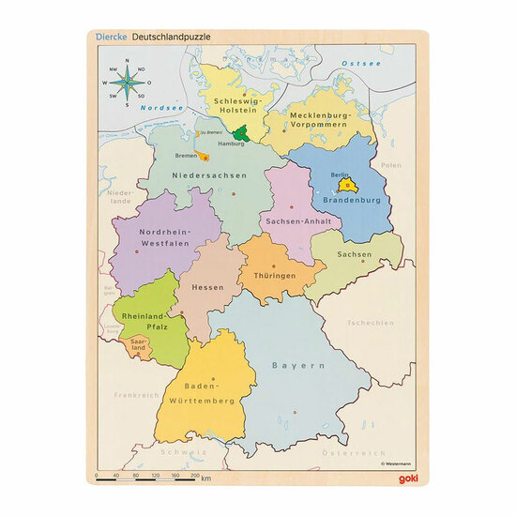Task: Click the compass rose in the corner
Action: (128, 82)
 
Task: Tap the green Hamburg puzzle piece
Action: (243, 134)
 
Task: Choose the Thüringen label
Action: (274, 276)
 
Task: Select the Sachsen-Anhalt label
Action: (289, 220)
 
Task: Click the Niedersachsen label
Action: (216, 175)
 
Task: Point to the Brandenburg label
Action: (352, 200)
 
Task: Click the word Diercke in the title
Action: (111, 37)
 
